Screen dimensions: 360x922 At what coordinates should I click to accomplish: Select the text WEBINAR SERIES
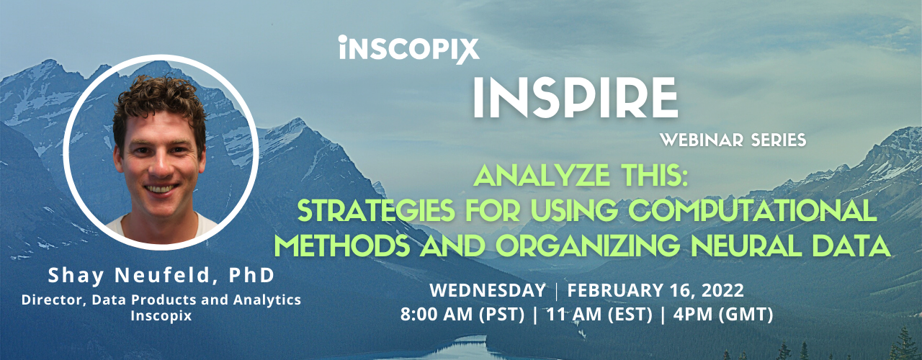click(744, 140)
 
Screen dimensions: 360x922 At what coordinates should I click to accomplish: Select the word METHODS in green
click(336, 246)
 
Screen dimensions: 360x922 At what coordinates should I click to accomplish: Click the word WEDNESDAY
click(488, 292)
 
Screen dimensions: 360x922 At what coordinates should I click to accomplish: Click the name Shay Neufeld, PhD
click(161, 276)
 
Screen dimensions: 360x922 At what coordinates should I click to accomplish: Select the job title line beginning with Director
click(161, 300)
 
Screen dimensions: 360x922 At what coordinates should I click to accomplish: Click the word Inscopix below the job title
click(161, 315)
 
